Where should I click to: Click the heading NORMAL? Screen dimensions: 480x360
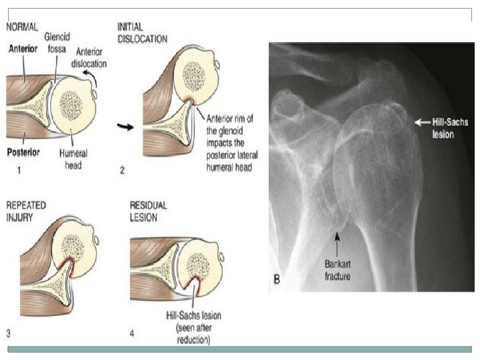click(22, 27)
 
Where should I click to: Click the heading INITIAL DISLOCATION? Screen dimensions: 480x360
click(143, 33)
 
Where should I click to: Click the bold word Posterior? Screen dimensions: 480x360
click(23, 152)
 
